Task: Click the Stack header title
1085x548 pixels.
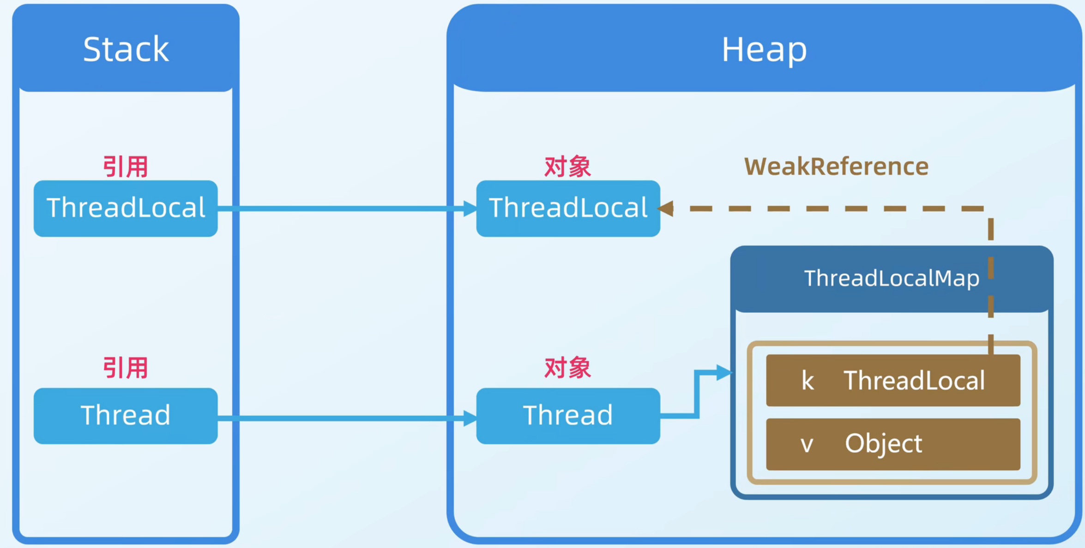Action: [x=126, y=49]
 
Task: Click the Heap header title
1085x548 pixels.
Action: [x=764, y=49]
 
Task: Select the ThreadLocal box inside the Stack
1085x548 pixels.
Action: [x=126, y=208]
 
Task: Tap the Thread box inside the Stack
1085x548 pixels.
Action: [x=126, y=416]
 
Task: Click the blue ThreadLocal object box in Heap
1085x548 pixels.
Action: [x=568, y=208]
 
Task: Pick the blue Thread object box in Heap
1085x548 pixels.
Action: [x=568, y=416]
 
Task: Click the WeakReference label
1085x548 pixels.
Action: [x=836, y=167]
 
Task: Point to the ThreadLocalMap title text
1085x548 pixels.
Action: [x=891, y=278]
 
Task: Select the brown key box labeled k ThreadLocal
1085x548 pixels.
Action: [x=893, y=381]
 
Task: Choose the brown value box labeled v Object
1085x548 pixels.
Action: [x=893, y=444]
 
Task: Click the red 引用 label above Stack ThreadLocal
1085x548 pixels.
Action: [x=125, y=167]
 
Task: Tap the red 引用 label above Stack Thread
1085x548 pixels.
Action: [x=125, y=368]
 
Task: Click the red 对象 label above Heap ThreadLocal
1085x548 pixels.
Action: [x=567, y=167]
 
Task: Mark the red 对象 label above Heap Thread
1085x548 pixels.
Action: [x=567, y=368]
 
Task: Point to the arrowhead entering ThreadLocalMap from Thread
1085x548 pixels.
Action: [x=724, y=372]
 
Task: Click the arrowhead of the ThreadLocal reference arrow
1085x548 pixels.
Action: [x=470, y=208]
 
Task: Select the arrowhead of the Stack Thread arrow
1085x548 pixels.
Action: [x=470, y=418]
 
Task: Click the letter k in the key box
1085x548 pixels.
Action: [x=808, y=381]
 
